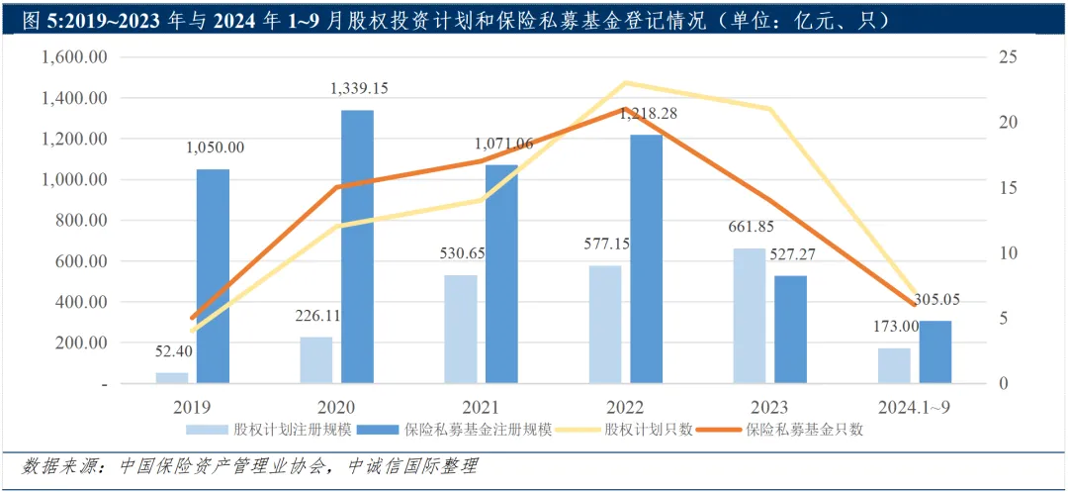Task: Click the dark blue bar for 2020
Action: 357,246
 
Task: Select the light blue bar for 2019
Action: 172,377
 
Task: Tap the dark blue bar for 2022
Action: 646,258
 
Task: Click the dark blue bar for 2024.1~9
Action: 934,351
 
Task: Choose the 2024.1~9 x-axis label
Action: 914,407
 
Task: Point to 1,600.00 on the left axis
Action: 74,57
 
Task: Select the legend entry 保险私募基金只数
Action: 805,430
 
